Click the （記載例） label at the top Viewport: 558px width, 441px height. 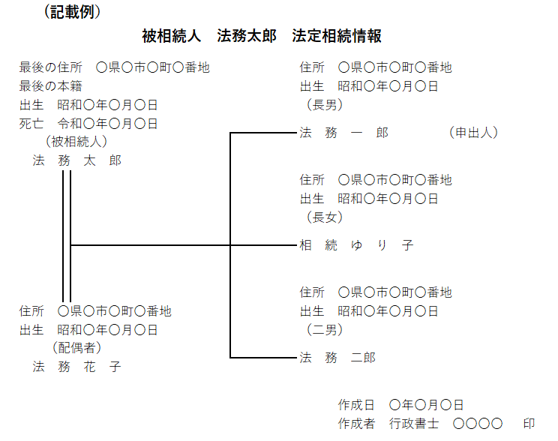(72, 12)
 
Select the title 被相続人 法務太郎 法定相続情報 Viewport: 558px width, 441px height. (262, 36)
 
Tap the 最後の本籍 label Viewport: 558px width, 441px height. (50, 86)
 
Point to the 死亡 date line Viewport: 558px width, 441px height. (88, 124)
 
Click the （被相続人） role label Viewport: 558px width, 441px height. (76, 142)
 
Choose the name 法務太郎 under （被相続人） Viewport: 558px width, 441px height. (76, 160)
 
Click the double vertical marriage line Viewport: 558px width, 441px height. (67, 236)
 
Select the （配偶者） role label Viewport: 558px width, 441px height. (76, 348)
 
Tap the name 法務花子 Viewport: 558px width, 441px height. (76, 367)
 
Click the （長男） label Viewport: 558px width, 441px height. (325, 105)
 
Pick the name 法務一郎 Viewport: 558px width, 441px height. (343, 133)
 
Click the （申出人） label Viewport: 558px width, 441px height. (473, 133)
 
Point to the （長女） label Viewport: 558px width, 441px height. (325, 217)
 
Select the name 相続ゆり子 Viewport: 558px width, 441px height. (356, 245)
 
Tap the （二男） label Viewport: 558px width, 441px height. (325, 329)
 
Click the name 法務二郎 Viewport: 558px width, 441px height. (337, 357)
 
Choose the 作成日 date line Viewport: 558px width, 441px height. (400, 405)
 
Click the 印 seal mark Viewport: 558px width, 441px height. (529, 424)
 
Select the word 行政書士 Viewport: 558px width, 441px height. (414, 424)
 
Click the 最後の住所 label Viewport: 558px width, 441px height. (50, 67)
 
